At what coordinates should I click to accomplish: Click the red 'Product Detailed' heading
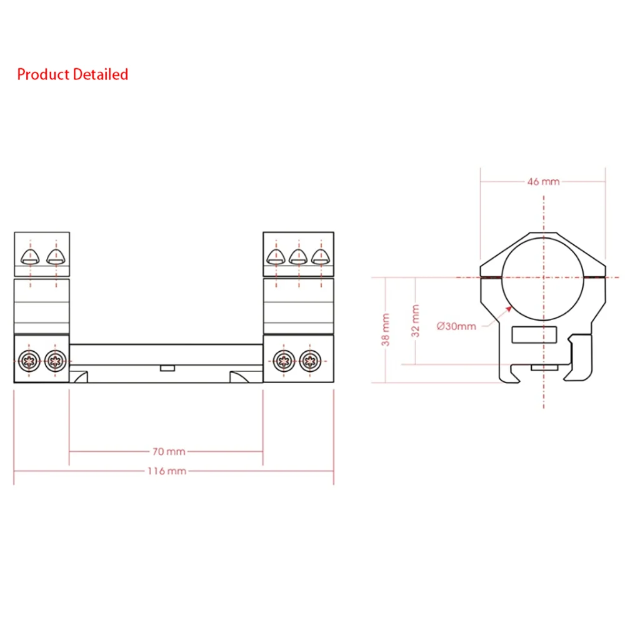tap(72, 74)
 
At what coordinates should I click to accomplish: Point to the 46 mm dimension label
tap(543, 181)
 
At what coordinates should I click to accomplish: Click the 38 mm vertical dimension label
tap(386, 329)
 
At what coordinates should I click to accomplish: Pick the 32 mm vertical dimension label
tap(416, 320)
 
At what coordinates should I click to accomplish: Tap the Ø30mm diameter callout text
tap(457, 326)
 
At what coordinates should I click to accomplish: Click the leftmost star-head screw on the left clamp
tap(29, 359)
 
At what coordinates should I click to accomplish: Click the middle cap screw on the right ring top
tap(298, 255)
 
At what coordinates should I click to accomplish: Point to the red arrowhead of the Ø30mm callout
tap(509, 307)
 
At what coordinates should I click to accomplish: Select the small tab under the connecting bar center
tap(166, 368)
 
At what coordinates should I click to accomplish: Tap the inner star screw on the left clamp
tap(54, 359)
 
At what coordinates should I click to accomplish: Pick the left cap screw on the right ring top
tap(276, 255)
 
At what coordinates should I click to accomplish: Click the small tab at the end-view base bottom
tap(542, 368)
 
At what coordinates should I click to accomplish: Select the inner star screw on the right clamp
tap(284, 359)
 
